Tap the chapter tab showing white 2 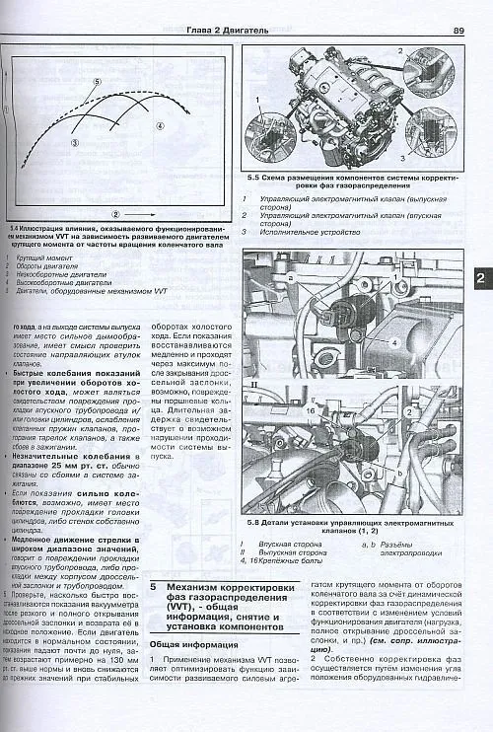pyautogui.click(x=480, y=279)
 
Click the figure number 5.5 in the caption pyautogui.click(x=256, y=182)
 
